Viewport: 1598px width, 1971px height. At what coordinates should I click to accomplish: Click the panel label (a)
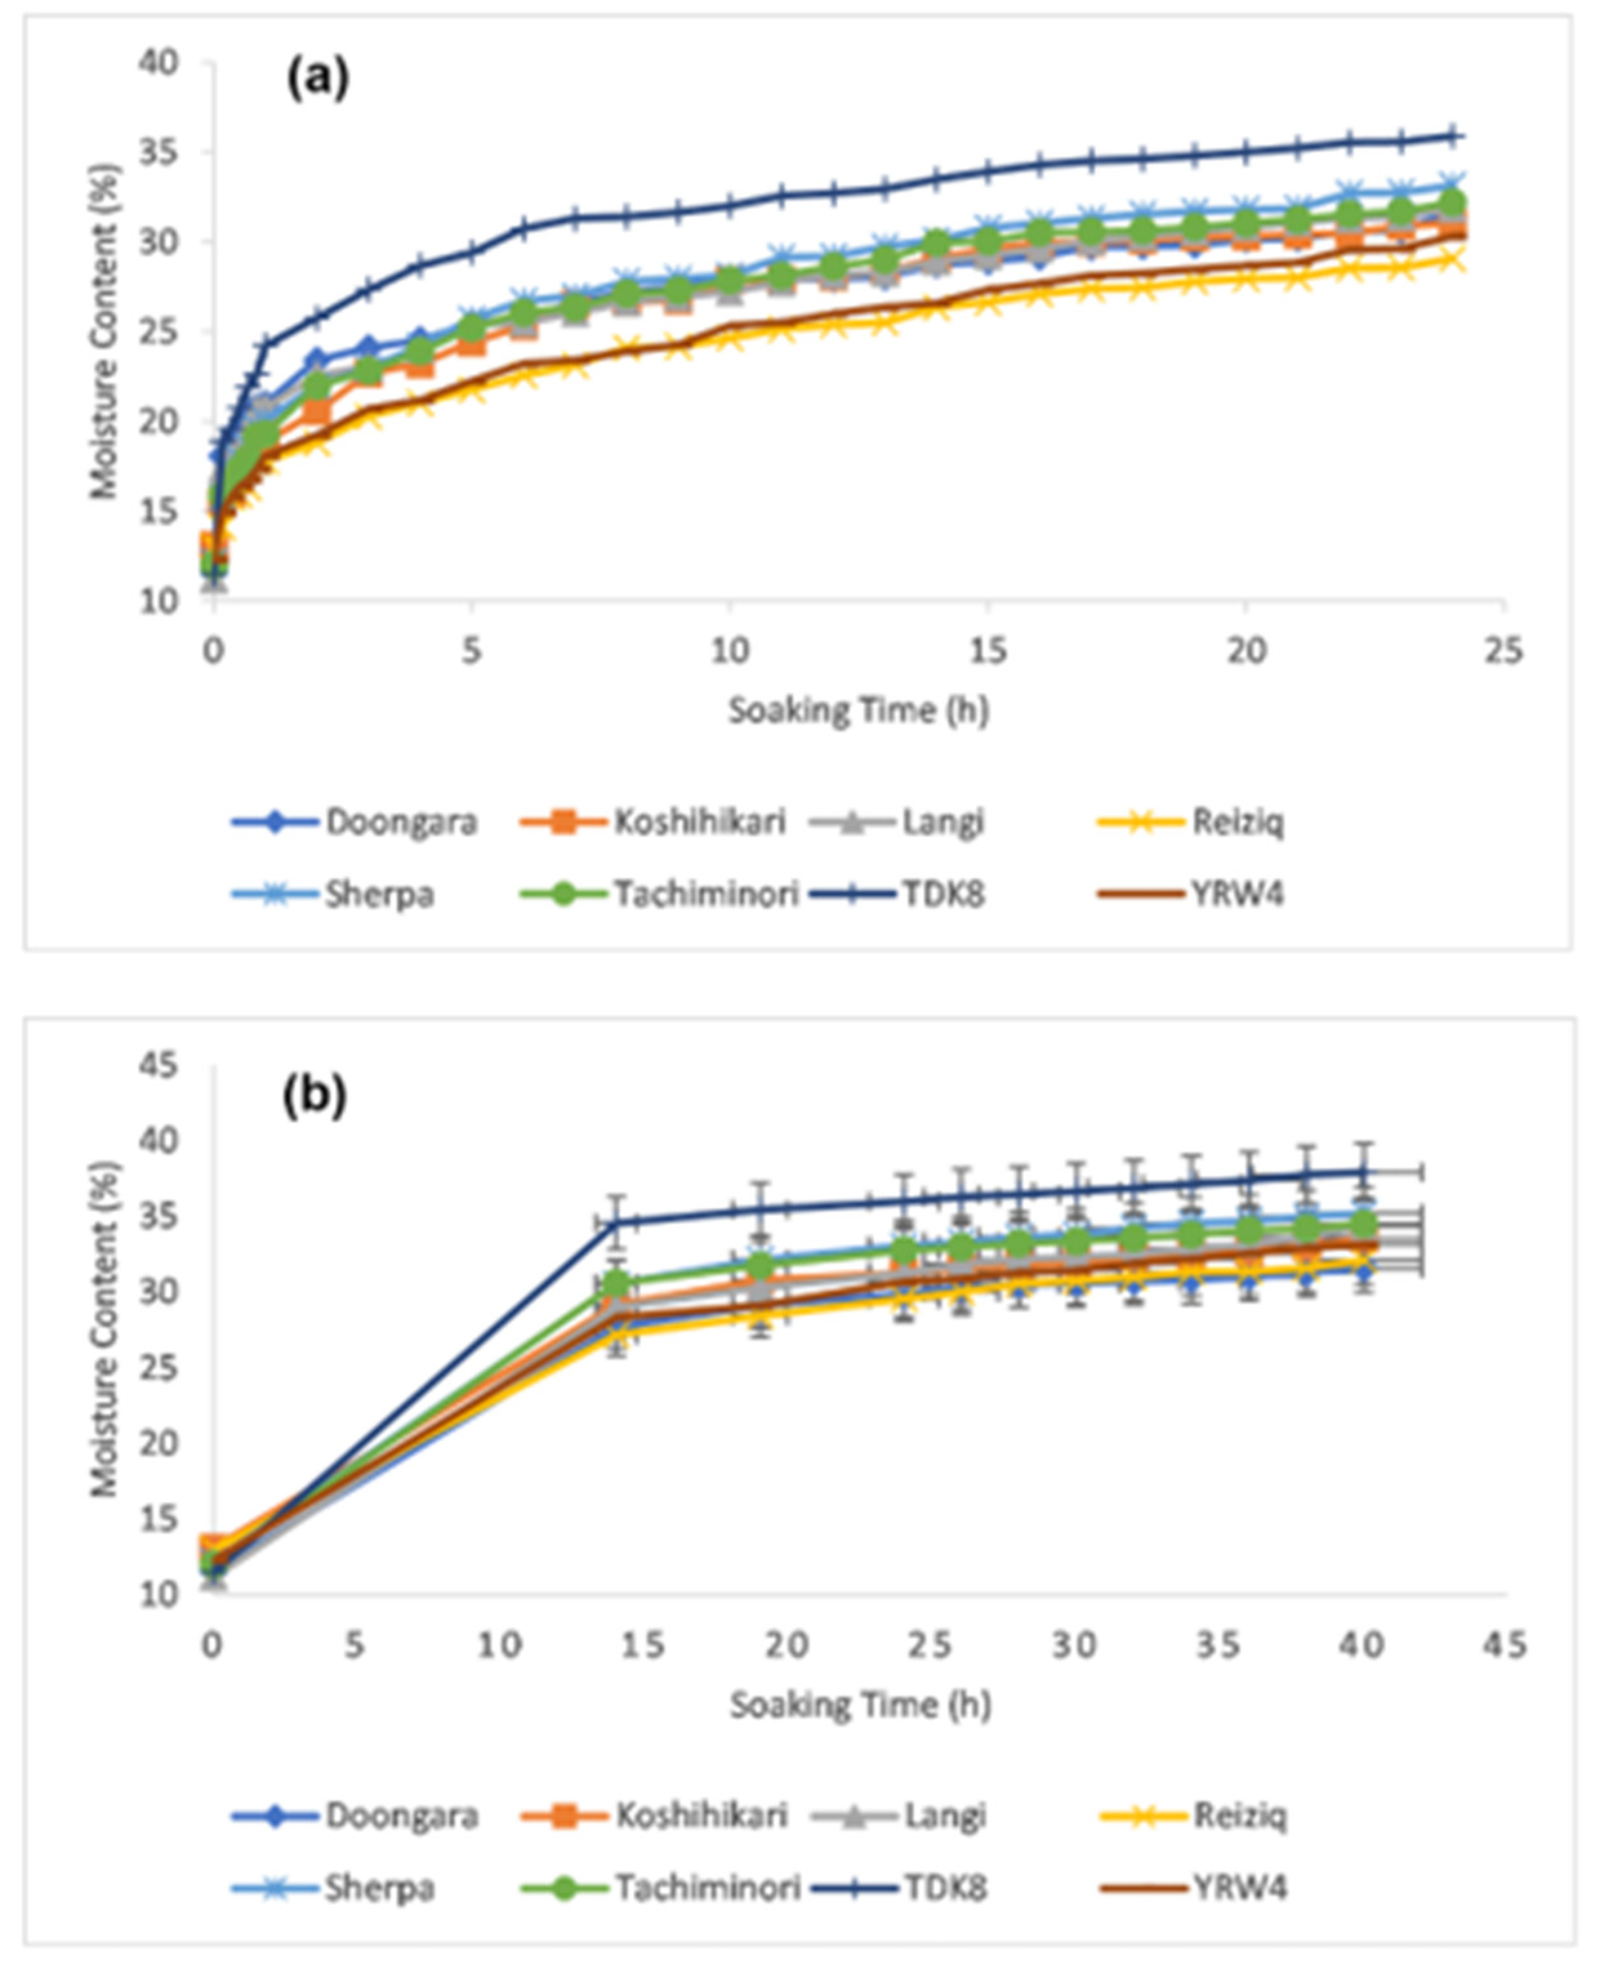(318, 80)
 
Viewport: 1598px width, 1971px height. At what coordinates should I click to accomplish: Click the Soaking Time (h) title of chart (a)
(859, 710)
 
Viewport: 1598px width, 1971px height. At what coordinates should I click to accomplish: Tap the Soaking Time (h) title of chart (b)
(861, 1705)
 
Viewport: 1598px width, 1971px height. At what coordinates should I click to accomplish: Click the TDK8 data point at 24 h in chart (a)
(1452, 136)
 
